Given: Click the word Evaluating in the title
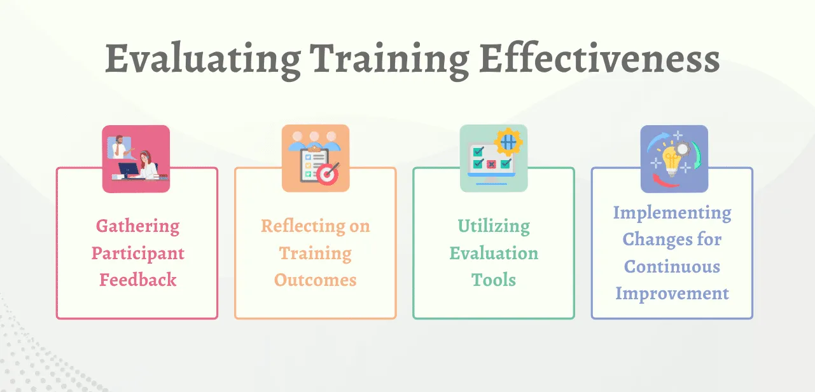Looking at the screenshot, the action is click(203, 60).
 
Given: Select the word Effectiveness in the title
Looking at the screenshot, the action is click(599, 58).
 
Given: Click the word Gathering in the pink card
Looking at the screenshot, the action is click(137, 227).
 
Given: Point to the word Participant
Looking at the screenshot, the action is click(137, 254).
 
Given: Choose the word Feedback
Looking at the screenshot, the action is click(137, 280).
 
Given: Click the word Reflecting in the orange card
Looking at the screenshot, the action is click(303, 227).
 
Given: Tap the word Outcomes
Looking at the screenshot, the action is click(315, 280).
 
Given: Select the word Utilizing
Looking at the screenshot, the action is click(494, 227).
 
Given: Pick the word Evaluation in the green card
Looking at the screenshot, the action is click(494, 253).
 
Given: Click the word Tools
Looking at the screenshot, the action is click(494, 280).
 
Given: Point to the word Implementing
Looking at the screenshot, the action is click(672, 213).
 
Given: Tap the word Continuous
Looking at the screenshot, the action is click(672, 266).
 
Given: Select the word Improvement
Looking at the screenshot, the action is click(672, 293).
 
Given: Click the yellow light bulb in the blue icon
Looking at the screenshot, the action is click(672, 161).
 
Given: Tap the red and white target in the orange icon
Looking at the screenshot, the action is click(328, 174).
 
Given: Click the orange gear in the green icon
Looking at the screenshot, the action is click(508, 142).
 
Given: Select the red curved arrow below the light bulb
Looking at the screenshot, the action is click(664, 180).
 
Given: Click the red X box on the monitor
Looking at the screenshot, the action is click(491, 164).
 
